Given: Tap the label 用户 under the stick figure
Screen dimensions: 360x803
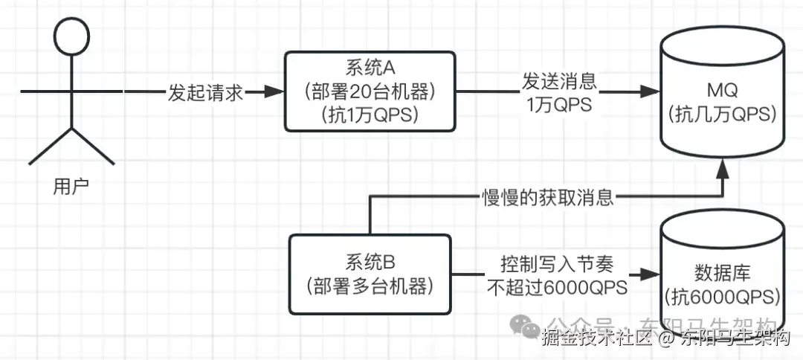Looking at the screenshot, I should click(x=71, y=186).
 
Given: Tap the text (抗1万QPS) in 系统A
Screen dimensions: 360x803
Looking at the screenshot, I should click(x=370, y=115).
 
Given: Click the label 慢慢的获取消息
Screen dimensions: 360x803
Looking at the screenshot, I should click(x=547, y=197).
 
